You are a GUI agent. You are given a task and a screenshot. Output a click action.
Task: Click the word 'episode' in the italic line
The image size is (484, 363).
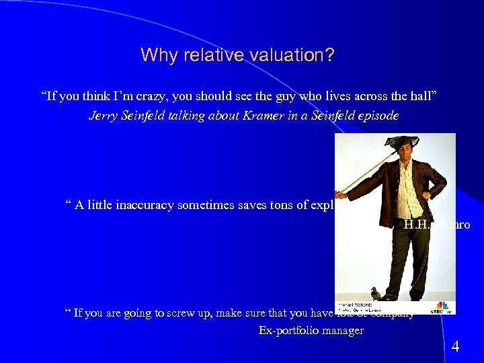[377, 116]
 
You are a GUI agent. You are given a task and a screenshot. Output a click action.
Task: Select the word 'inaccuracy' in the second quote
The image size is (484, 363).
[137, 206]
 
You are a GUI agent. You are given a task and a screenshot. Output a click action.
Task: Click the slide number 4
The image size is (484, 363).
[455, 347]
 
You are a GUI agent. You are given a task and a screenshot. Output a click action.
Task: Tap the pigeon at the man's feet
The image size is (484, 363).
[374, 293]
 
